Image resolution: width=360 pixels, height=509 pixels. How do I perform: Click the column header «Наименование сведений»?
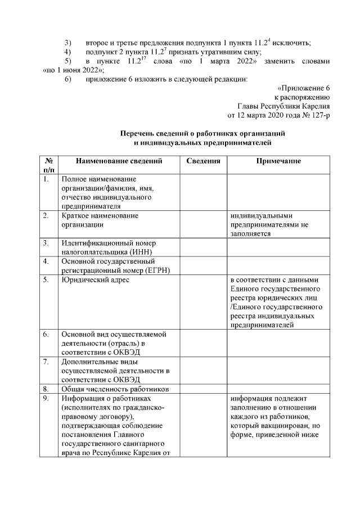click(119, 161)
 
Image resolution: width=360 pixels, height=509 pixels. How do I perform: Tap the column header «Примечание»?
click(278, 161)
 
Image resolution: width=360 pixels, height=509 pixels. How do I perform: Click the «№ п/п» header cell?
click(49, 165)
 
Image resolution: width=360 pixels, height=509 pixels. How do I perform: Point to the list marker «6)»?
click(68, 79)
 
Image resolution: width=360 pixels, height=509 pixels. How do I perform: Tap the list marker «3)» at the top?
click(68, 43)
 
